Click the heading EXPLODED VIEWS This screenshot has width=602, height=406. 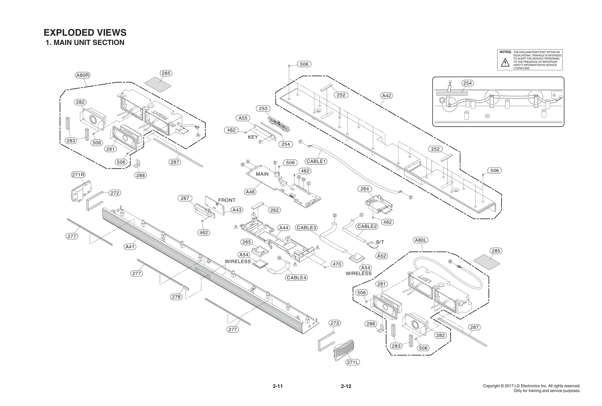coord(85,32)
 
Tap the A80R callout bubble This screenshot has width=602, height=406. coord(83,75)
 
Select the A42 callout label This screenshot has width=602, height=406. coord(387,95)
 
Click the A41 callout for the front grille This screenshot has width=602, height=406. coord(130,247)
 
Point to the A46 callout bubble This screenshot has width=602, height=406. coord(250,192)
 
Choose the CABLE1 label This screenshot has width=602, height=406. coord(316,161)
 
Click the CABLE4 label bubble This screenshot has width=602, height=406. coord(296,278)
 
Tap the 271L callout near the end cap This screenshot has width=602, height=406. coord(353,362)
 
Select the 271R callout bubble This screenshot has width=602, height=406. coord(78,175)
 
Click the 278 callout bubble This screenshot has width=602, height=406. coord(176,297)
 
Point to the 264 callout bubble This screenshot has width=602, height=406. coord(365,189)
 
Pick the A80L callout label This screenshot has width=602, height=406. coord(421,240)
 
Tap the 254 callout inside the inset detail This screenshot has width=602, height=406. coord(467,83)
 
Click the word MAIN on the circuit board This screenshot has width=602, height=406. coord(262,174)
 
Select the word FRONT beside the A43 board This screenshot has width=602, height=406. coord(227,200)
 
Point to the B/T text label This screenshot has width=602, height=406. coord(380,242)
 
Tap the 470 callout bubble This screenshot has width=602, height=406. coord(337,264)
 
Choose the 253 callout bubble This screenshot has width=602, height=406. coord(263,109)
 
